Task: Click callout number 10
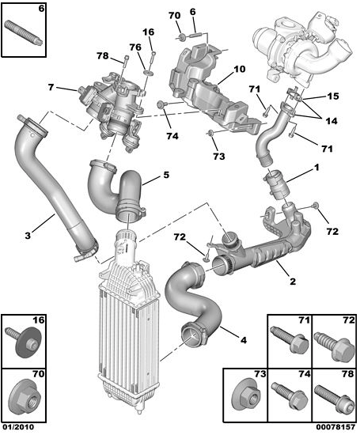[x=239, y=69]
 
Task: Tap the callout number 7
[x=51, y=87]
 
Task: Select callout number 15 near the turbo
[x=333, y=96]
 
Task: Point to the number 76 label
[x=135, y=47]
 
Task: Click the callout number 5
[x=166, y=175]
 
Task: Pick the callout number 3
[x=28, y=236]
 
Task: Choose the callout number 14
[x=332, y=121]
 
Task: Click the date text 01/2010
[x=17, y=426]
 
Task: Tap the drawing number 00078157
[x=335, y=426]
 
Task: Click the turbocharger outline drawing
[x=302, y=48]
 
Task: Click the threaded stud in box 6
[x=23, y=32]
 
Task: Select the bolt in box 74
[x=290, y=395]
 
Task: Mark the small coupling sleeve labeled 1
[x=276, y=184]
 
